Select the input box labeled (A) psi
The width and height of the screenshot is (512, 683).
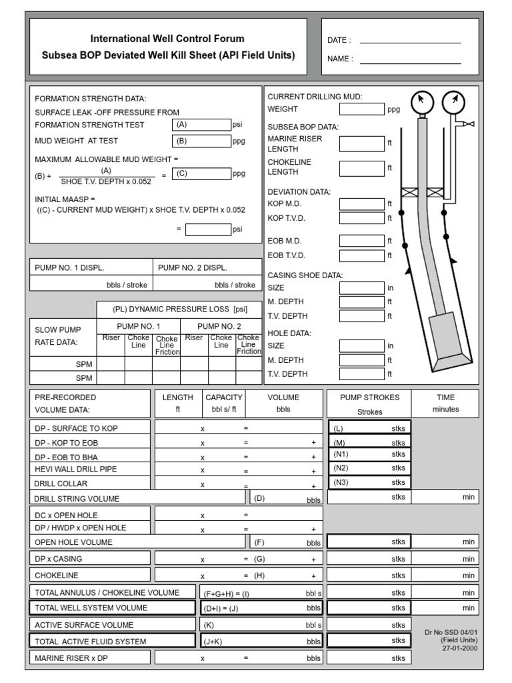click(x=201, y=125)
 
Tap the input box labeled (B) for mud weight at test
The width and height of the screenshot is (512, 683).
click(x=201, y=141)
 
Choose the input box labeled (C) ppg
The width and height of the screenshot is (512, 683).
click(x=201, y=174)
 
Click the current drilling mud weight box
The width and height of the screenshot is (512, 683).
click(x=361, y=109)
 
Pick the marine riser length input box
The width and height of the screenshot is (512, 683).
click(x=361, y=143)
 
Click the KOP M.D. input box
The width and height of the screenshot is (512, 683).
click(x=361, y=204)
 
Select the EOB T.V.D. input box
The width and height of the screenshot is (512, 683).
click(x=361, y=255)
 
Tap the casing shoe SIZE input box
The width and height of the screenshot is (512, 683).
click(x=361, y=288)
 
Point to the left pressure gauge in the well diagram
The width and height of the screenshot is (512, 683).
click(x=421, y=102)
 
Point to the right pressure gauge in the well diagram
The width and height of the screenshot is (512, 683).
click(x=453, y=102)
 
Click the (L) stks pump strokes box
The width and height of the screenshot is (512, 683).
click(x=369, y=428)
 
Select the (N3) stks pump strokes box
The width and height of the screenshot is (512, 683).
click(x=369, y=482)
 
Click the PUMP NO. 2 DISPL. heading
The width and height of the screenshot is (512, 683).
click(x=193, y=267)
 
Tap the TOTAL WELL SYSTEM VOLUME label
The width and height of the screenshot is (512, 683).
click(x=91, y=608)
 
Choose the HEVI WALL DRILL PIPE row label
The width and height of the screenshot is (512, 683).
click(x=75, y=469)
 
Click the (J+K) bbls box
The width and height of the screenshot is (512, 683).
click(x=262, y=641)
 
